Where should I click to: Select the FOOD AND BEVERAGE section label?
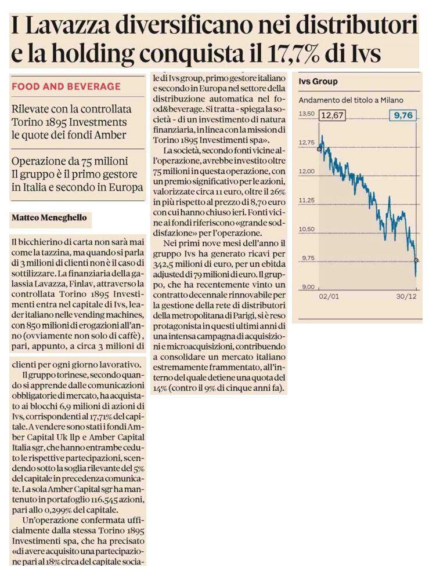pos(66,86)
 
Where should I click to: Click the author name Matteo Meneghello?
pos(49,217)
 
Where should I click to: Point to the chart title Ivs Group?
pos(318,82)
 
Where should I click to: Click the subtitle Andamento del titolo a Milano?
pos(351,100)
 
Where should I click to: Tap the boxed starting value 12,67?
pos(332,115)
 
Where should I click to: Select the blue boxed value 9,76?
pos(403,115)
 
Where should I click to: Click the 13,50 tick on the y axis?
pos(307,114)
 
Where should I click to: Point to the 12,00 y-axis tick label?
pos(307,172)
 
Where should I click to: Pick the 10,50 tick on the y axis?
pos(307,229)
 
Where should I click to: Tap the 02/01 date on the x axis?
pos(329,296)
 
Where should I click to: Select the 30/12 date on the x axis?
pos(406,296)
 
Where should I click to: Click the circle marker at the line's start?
pos(319,149)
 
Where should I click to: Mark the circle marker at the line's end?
pos(416,260)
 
